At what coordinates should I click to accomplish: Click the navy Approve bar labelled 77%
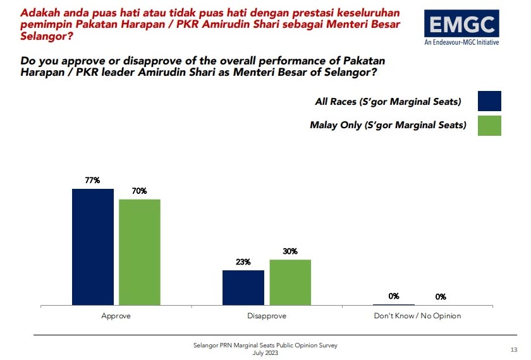93,247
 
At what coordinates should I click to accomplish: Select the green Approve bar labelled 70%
140,253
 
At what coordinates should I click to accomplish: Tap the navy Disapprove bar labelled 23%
243,288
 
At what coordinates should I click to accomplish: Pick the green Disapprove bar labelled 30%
290,282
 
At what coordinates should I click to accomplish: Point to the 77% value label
93,181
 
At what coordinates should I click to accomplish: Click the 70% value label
140,191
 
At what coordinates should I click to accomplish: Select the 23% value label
243,262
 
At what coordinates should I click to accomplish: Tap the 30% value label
290,251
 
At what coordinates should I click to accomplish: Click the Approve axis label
116,316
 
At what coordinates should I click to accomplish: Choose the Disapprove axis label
267,316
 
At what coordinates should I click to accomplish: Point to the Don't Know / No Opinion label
417,316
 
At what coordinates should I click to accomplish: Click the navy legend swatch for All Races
490,101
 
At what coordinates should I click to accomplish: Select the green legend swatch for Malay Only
490,125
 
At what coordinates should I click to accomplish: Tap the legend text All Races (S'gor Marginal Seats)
388,102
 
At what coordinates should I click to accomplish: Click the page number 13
513,349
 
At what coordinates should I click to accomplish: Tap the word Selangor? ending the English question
347,73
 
